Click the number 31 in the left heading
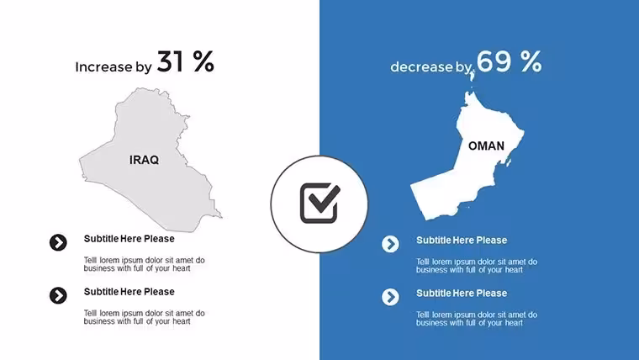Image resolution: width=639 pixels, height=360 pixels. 171,61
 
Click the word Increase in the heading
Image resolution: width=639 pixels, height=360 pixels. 103,66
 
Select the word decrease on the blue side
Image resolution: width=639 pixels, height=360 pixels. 421,66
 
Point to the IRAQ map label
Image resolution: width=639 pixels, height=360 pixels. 145,160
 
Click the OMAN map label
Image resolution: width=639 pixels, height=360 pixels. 486,146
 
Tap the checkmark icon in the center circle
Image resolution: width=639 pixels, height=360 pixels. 319,203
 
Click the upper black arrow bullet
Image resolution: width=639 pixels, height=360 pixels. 58,242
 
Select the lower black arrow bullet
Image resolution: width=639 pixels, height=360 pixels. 58,295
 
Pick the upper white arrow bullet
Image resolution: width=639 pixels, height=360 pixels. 390,244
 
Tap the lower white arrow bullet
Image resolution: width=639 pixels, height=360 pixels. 390,297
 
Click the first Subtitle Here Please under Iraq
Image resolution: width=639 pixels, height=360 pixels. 129,239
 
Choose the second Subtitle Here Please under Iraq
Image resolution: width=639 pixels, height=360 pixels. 129,292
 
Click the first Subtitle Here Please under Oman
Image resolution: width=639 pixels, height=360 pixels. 462,240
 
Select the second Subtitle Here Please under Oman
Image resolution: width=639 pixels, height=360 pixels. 462,294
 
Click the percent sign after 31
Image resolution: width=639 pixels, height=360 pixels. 203,61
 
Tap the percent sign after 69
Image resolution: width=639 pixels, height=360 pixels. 531,61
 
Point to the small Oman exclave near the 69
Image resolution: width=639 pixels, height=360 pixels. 473,75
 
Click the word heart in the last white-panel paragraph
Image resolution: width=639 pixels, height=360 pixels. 181,321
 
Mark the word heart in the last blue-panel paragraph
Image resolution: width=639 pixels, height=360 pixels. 514,323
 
